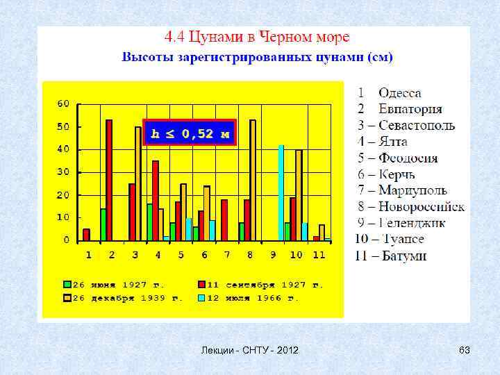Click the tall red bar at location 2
109,180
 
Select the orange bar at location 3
138,183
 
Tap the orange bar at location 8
253,180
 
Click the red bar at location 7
224,219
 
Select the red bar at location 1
86,235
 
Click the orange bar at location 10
299,195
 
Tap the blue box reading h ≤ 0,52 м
190,132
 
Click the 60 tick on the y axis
63,103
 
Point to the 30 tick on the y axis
63,172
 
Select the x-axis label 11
319,255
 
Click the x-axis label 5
181,255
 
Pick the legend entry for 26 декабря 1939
121,298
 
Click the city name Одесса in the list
399,92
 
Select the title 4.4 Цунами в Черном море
256,36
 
